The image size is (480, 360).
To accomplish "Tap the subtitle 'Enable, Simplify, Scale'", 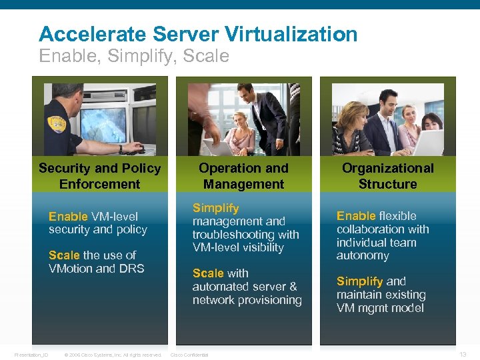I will click(134, 56).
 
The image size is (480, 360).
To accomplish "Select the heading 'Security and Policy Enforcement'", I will click(99, 176).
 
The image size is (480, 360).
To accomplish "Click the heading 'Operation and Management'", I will click(243, 176).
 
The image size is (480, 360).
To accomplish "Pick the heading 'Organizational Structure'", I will click(387, 176).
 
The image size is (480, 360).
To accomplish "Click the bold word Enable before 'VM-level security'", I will click(68, 216).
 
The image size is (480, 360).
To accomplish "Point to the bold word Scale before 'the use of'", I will click(65, 255).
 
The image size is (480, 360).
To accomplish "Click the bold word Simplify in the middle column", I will click(215, 208).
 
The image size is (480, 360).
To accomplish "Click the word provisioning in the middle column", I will click(268, 300).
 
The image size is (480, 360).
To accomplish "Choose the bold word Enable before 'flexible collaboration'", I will click(356, 216).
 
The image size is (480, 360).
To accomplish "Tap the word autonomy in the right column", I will click(363, 255).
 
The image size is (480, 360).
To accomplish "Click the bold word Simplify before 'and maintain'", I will click(359, 281).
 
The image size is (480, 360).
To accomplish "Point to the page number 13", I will click(463, 354).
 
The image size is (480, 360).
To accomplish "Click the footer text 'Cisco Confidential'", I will click(190, 355).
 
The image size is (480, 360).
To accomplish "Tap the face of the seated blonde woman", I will click(239, 121).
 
